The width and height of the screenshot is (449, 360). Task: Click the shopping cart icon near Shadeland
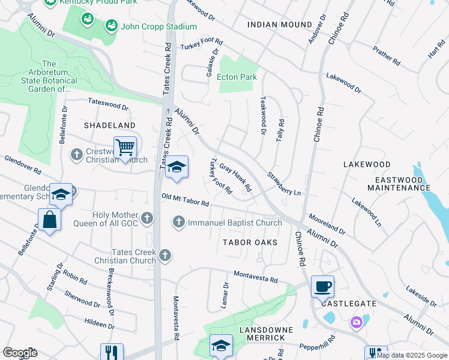click(x=125, y=147)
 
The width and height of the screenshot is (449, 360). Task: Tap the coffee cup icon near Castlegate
click(x=322, y=287)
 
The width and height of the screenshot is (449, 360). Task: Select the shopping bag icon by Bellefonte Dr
click(x=49, y=220)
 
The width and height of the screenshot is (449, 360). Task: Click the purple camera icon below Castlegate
click(x=357, y=323)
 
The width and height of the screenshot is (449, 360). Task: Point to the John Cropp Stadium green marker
click(x=111, y=26)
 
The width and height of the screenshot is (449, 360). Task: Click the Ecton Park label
click(x=238, y=77)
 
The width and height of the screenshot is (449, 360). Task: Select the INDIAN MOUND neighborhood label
click(x=280, y=25)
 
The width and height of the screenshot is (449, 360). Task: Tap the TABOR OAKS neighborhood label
click(x=250, y=242)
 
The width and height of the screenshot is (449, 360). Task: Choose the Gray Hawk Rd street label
click(x=235, y=177)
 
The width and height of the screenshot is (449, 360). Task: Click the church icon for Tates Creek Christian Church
click(x=165, y=256)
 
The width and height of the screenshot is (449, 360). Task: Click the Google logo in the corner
click(x=20, y=352)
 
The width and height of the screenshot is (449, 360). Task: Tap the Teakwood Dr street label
click(x=262, y=116)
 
